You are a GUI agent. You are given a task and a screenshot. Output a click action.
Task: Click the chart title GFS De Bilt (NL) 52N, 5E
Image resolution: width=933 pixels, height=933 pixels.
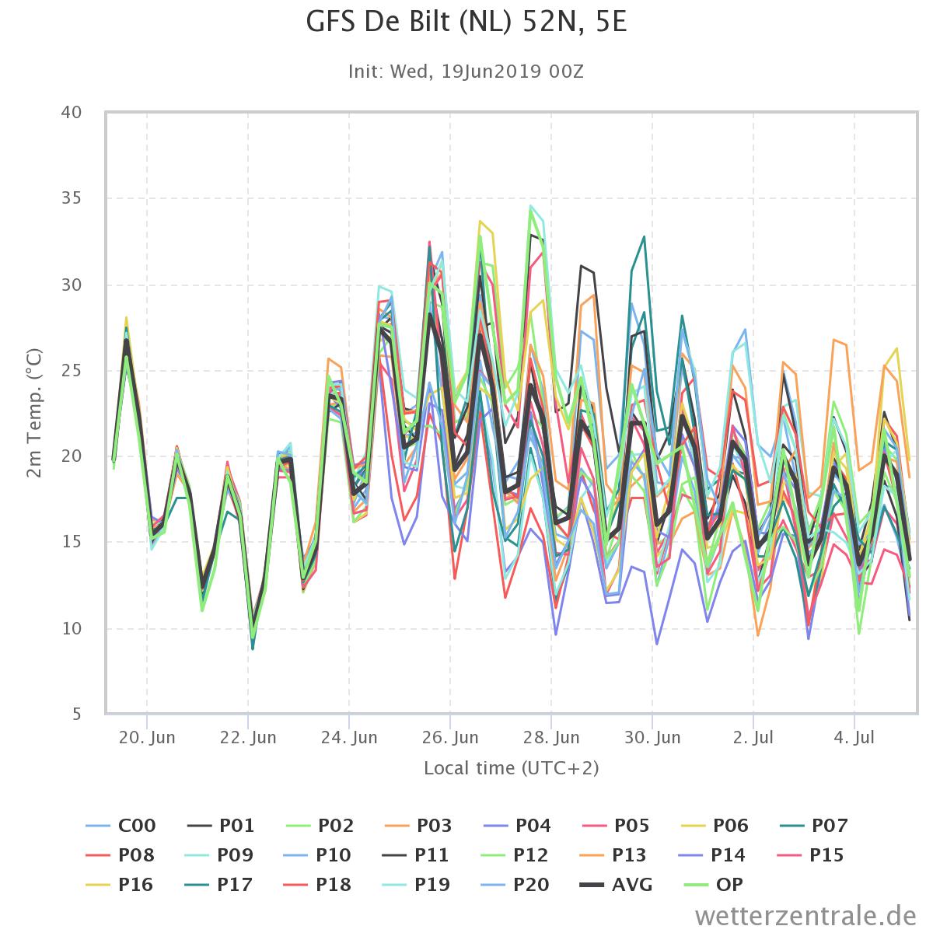pyautogui.click(x=466, y=23)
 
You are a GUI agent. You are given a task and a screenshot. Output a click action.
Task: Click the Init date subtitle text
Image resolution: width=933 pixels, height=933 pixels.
pyautogui.click(x=466, y=72)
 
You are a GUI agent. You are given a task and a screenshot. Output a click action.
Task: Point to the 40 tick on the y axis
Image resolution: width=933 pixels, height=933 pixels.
pyautogui.click(x=72, y=112)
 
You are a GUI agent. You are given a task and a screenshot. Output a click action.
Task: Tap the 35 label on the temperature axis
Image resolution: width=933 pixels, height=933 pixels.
pyautogui.click(x=72, y=198)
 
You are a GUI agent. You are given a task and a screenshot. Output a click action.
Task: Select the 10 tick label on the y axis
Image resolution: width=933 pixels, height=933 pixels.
pyautogui.click(x=72, y=628)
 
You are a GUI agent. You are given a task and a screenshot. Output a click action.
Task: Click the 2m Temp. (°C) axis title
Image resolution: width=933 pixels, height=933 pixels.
pyautogui.click(x=34, y=413)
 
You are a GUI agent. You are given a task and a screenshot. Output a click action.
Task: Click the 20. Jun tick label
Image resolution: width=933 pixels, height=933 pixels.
pyautogui.click(x=147, y=737)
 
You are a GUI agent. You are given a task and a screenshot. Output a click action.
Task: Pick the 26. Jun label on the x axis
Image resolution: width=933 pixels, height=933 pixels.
pyautogui.click(x=450, y=737)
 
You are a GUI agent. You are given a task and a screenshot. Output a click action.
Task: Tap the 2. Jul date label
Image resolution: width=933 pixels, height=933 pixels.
pyautogui.click(x=753, y=737)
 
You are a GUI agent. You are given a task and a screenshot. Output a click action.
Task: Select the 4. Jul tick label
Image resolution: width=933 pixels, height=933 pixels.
pyautogui.click(x=854, y=737)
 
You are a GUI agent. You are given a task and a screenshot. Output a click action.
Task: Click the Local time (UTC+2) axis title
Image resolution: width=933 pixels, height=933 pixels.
pyautogui.click(x=512, y=768)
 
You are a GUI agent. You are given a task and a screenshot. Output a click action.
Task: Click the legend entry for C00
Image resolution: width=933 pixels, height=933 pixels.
pyautogui.click(x=121, y=826)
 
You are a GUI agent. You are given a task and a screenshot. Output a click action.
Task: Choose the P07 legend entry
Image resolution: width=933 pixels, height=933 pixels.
pyautogui.click(x=814, y=826)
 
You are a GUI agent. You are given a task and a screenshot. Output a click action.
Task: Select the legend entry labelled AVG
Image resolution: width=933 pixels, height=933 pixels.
pyautogui.click(x=617, y=885)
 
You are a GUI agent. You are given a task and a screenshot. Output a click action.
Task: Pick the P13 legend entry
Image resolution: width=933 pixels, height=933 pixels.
pyautogui.click(x=614, y=855)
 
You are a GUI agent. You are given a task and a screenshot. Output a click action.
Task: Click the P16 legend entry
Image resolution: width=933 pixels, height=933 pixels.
pyautogui.click(x=119, y=885)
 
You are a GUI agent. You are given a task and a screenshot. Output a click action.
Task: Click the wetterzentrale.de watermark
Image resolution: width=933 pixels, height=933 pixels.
pyautogui.click(x=805, y=916)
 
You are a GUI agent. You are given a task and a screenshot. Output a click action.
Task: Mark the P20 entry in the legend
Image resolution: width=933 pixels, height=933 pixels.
pyautogui.click(x=515, y=885)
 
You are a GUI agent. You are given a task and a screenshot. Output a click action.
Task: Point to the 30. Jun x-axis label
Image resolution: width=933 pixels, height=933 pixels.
pyautogui.click(x=652, y=737)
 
